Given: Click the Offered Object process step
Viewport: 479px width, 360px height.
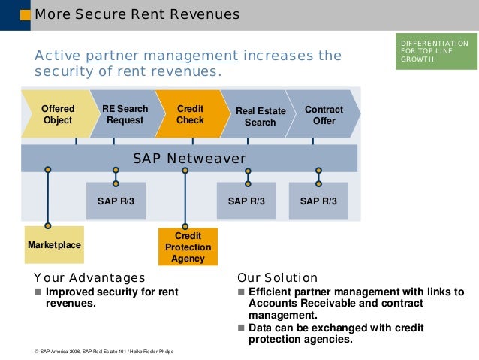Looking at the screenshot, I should [57, 114].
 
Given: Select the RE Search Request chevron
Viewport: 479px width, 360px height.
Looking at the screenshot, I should [125, 114].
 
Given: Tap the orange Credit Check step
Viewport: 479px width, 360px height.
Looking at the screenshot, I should [190, 114].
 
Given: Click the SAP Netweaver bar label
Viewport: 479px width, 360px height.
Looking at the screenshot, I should [189, 159].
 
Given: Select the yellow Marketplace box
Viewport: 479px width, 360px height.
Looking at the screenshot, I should [53, 245].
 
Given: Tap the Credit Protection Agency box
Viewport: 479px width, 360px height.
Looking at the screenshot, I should [188, 247].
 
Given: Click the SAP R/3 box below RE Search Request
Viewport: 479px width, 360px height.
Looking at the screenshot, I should [116, 201].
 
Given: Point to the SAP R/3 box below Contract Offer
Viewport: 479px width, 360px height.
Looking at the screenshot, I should [318, 201].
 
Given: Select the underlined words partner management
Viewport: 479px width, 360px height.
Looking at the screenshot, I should [162, 56].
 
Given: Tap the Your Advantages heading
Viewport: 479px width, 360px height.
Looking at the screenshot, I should [89, 277].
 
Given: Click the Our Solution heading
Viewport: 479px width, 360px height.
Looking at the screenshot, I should [277, 277].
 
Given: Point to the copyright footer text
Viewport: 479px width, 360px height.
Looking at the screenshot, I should [104, 352].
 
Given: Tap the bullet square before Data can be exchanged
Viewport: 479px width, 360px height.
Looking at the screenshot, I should [241, 328].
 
